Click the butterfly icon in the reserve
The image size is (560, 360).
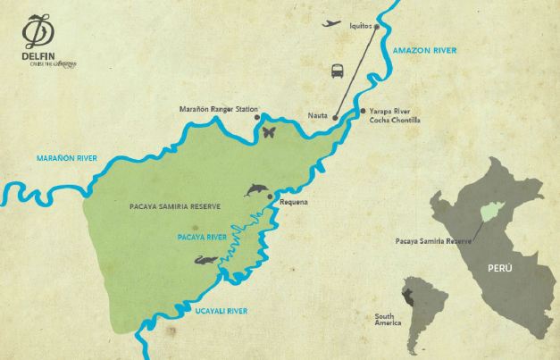269,132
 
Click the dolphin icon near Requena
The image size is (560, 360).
256,189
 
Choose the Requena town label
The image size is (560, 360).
294,202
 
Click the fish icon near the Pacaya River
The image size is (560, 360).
205,260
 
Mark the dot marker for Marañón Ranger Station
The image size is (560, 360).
258,117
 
